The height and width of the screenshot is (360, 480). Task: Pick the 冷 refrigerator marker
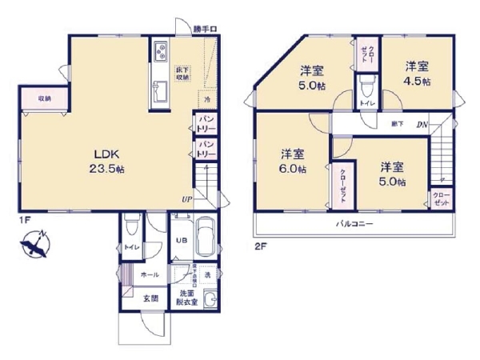[x=206, y=101]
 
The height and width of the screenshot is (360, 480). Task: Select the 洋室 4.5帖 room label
[x=417, y=74]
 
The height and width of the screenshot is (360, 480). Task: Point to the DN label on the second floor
[x=422, y=124]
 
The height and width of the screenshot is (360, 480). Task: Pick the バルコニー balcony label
[x=354, y=224]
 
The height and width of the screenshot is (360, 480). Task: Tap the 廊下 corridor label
[x=398, y=124]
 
